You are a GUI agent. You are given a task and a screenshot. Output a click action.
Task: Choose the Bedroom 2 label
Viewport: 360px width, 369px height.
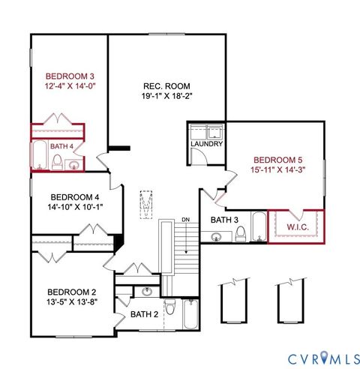71,292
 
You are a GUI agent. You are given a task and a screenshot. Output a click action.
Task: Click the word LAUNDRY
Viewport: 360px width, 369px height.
206,143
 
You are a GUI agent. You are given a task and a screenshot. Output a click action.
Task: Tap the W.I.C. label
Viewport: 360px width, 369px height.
298,225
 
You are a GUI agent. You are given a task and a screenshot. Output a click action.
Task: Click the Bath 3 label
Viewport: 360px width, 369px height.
223,220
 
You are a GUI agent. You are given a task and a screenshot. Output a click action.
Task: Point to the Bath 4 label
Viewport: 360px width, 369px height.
62,147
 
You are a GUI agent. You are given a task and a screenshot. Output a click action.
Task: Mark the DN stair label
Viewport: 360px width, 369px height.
184,220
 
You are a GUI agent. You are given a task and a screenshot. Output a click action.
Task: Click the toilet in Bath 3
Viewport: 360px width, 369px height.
240,234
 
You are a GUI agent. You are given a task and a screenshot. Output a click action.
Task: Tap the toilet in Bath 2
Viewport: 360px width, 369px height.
169,309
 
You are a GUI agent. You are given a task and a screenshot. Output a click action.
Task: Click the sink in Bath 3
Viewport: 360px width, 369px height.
217,237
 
